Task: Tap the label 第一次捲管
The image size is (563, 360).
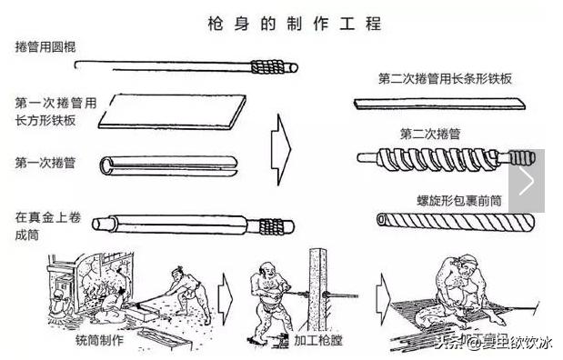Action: coord(45,163)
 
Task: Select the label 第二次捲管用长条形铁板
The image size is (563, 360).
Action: coord(445,78)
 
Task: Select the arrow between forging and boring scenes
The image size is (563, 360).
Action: coord(226,295)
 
